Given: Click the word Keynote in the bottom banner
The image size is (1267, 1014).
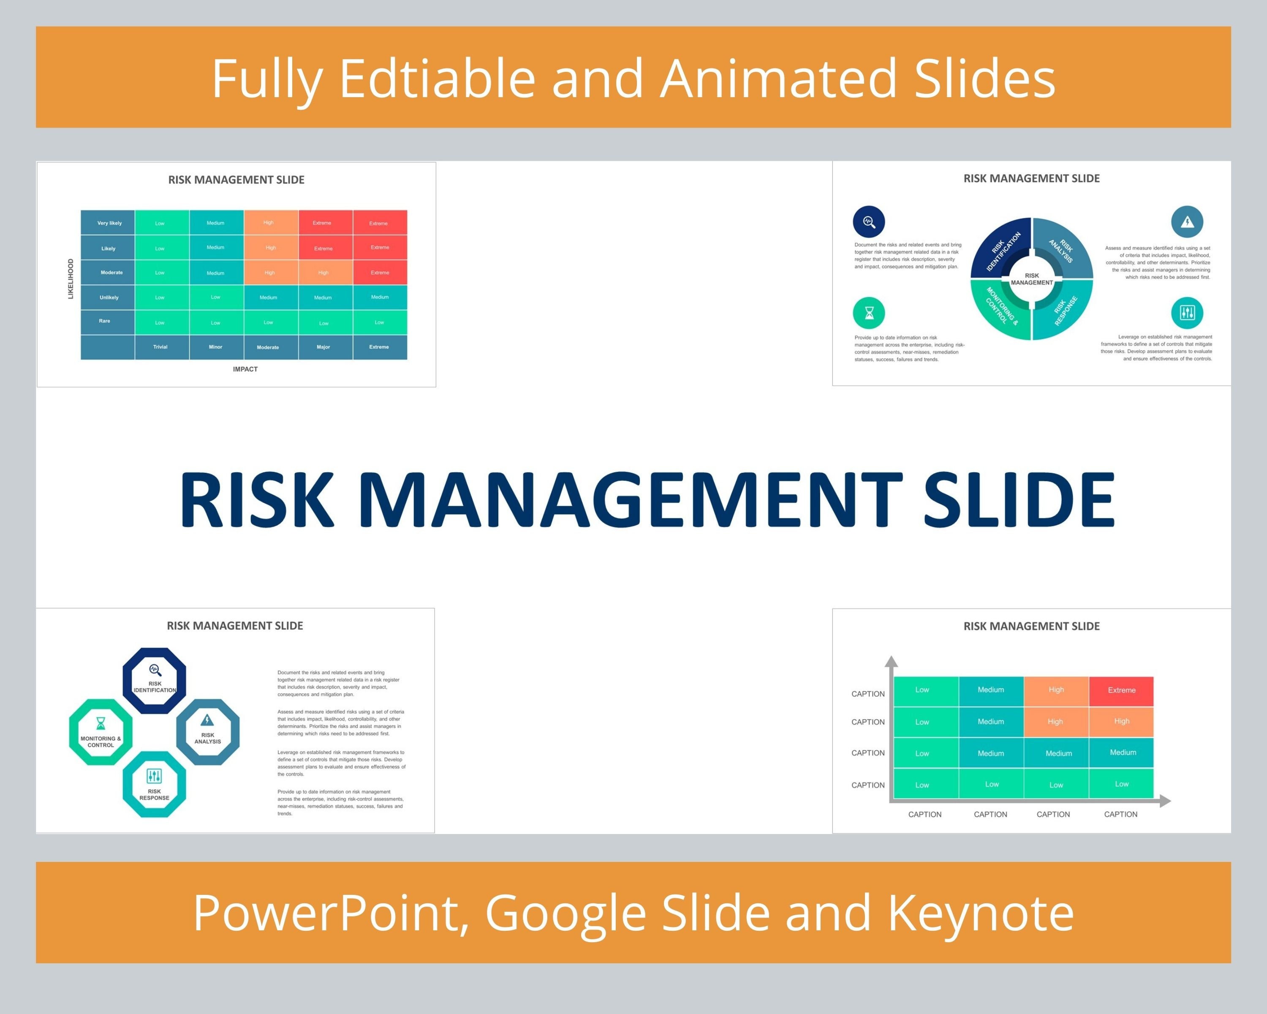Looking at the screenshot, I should [x=980, y=913].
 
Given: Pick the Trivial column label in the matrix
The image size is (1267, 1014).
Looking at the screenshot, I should [x=160, y=347].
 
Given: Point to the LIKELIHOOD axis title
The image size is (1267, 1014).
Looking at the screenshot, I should [x=71, y=278].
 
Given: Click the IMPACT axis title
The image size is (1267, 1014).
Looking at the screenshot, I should [x=245, y=369].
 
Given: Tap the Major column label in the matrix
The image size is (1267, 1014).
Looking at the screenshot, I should [x=323, y=347].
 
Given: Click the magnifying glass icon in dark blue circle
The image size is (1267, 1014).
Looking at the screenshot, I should [x=869, y=222].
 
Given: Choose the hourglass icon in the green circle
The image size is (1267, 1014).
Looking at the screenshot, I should [x=869, y=313].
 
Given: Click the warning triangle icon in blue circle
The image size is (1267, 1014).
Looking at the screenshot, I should [x=1187, y=222].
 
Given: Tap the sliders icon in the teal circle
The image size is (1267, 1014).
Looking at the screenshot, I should [x=1187, y=312].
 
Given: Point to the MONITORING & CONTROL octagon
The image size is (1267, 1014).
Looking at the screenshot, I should [x=101, y=732].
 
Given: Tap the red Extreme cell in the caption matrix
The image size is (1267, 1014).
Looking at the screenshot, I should [x=1121, y=690].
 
